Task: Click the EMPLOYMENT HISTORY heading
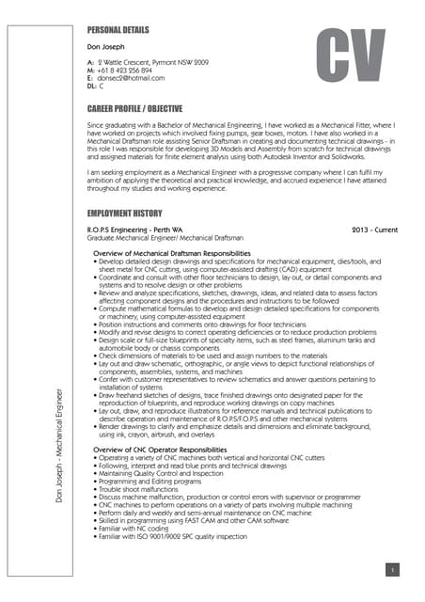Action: tap(124, 214)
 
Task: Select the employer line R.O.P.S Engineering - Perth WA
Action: tap(134, 230)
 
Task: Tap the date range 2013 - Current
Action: tap(374, 230)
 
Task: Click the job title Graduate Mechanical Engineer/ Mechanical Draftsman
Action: tap(165, 239)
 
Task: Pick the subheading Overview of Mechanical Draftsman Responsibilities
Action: tap(172, 254)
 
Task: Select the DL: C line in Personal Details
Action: tap(95, 86)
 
